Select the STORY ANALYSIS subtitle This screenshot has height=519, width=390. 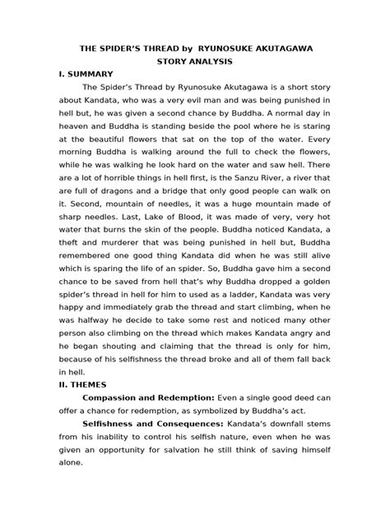pyautogui.click(x=195, y=62)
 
